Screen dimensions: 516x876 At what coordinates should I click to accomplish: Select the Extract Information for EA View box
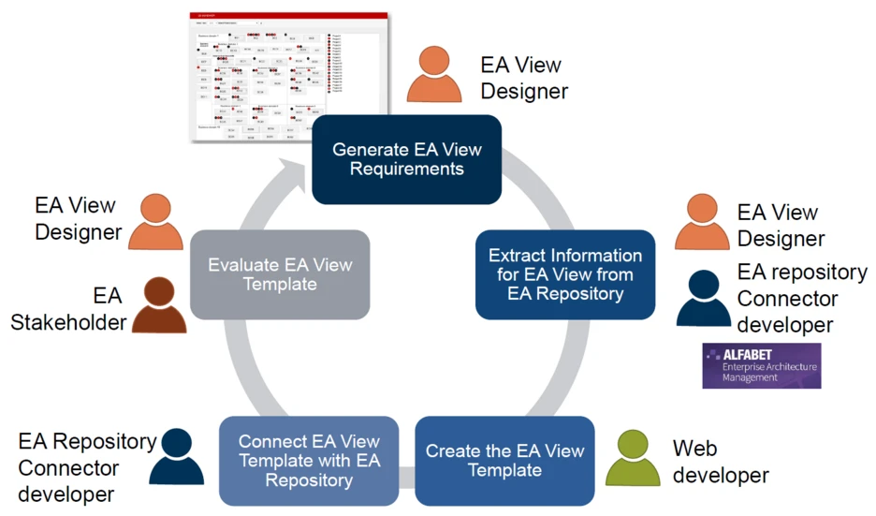[565, 274]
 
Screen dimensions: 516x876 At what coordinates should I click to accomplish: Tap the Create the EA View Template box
[504, 461]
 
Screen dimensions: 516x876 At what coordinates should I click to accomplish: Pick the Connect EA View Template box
[308, 461]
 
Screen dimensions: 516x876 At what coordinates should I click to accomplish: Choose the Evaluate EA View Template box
[280, 274]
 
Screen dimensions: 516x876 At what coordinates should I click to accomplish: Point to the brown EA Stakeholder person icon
[159, 304]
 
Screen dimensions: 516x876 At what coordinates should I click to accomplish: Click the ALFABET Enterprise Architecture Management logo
[761, 366]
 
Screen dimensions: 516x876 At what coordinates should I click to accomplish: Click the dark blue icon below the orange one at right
[704, 299]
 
